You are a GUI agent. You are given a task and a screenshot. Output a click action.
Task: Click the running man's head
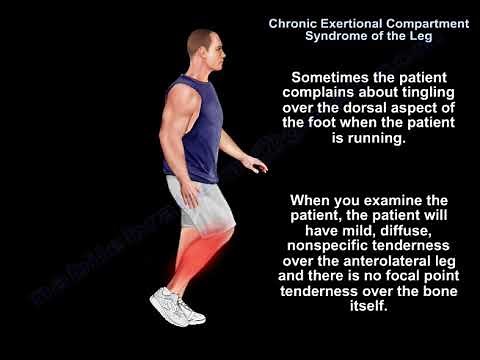[202, 44]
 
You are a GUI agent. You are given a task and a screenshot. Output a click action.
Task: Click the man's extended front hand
[257, 164]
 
